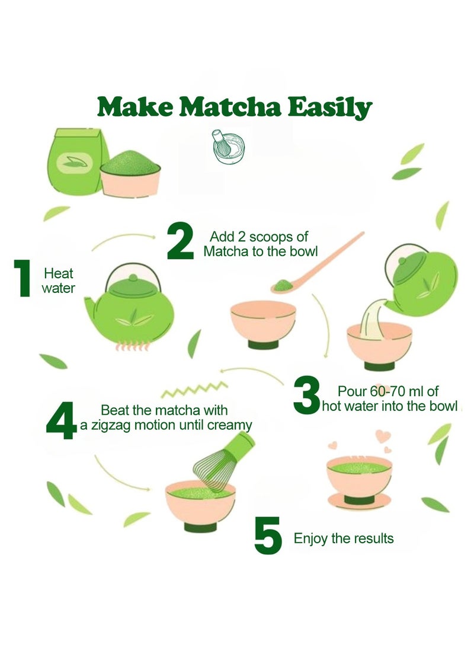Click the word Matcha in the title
click(x=231, y=107)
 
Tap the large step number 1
click(x=23, y=278)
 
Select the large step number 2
click(x=181, y=241)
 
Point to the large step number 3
click(x=307, y=395)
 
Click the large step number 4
click(x=62, y=420)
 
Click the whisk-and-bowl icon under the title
click(x=228, y=147)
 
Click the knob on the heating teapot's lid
click(x=133, y=278)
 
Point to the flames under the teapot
click(x=132, y=346)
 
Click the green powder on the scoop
click(x=283, y=285)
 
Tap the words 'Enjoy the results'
click(x=343, y=538)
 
